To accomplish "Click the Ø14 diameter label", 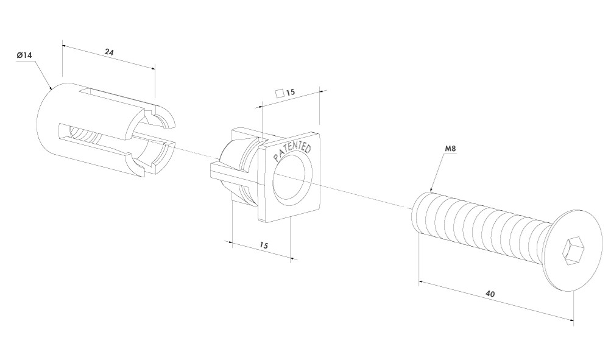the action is [24, 55].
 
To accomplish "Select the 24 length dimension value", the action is [110, 52].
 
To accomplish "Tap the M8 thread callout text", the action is [450, 149].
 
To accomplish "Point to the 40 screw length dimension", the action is [490, 294].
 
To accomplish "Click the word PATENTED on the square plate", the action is [292, 152].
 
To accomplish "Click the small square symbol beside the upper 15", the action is [280, 93].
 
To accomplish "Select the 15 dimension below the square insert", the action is [264, 245].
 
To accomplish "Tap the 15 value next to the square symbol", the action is [291, 93].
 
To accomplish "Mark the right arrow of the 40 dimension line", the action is [571, 320].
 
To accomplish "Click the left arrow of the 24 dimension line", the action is [65, 46].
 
